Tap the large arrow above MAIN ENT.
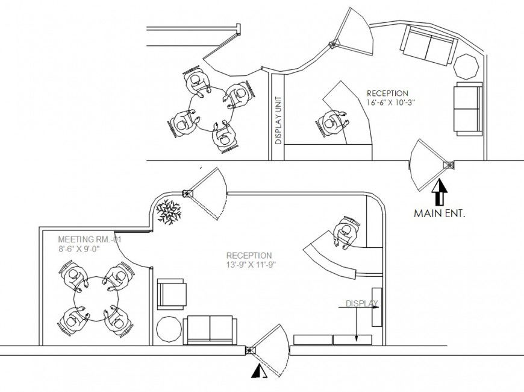pos(440,192)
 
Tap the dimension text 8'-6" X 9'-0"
pos(79,247)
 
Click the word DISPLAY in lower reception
pos(361,303)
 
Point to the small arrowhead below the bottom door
pos(258,372)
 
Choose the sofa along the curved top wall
pos(428,46)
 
